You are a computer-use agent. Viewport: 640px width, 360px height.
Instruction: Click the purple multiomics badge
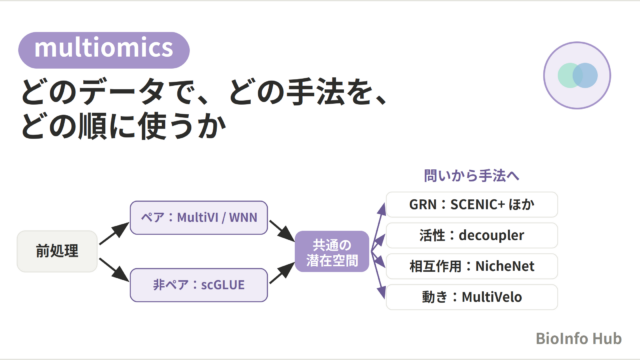(104, 50)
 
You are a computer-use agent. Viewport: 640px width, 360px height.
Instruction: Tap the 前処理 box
(57, 251)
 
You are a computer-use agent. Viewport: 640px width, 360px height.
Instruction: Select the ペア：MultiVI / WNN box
(199, 218)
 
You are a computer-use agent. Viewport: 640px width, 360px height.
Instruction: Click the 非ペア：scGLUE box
(199, 285)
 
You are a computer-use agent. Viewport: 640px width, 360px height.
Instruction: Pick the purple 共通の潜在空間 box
(332, 251)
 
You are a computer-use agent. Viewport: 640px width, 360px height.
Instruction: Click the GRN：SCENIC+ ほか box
(472, 204)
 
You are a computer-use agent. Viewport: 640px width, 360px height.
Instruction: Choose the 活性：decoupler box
(472, 236)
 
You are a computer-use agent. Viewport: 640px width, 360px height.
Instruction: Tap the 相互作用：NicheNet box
(472, 266)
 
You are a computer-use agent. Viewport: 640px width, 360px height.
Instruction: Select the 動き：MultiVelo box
(472, 297)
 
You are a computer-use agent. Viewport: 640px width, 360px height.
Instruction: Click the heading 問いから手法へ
(471, 176)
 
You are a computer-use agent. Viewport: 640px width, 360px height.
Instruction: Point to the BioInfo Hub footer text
(579, 338)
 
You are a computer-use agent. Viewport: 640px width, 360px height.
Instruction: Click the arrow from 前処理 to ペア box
(114, 234)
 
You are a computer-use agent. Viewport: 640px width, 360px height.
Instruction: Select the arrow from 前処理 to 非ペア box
(114, 269)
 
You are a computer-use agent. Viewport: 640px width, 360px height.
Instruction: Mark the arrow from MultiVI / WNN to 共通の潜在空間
(282, 231)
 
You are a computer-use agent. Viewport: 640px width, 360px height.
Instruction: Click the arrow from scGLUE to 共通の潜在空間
(282, 273)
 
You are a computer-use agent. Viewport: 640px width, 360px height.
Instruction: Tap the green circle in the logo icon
(570, 76)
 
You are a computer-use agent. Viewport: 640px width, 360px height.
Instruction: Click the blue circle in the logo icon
(585, 76)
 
